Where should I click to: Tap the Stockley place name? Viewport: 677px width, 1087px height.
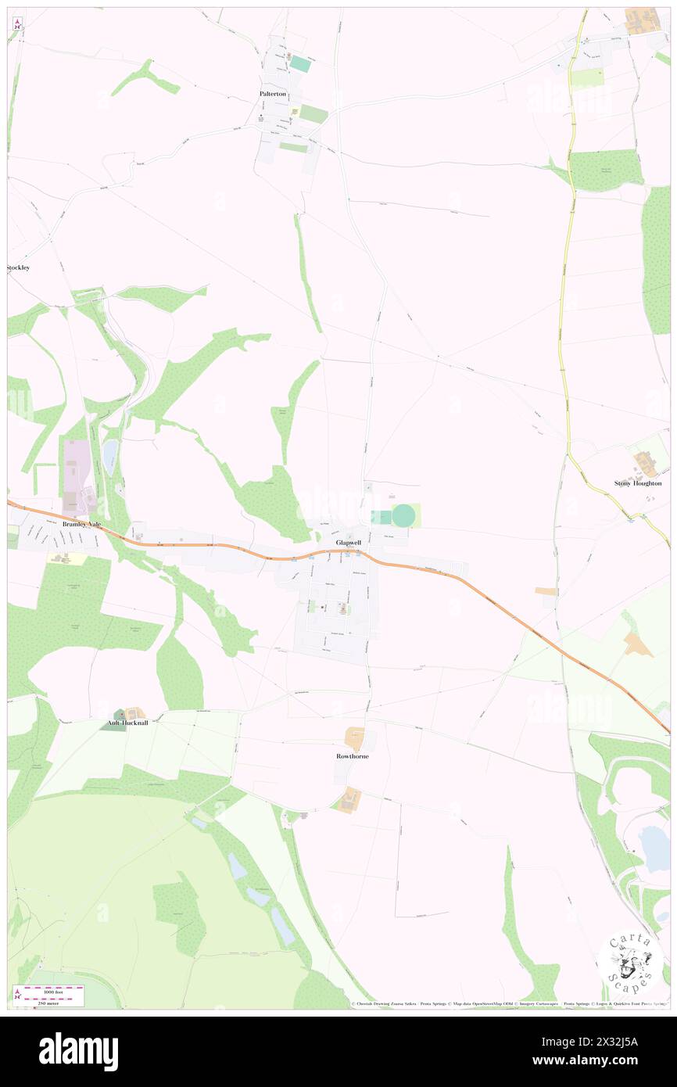[18, 267]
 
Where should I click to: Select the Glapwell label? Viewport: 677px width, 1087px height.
[348, 542]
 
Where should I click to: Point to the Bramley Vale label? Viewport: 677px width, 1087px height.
[82, 524]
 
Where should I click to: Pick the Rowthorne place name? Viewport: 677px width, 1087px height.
[353, 756]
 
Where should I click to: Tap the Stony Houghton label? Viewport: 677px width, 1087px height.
[638, 483]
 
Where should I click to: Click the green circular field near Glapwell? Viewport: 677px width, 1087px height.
[403, 515]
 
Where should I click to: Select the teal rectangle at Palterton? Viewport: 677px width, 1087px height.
[300, 64]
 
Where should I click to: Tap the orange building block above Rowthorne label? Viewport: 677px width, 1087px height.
[355, 736]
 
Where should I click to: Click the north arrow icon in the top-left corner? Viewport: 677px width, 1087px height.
[16, 24]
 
